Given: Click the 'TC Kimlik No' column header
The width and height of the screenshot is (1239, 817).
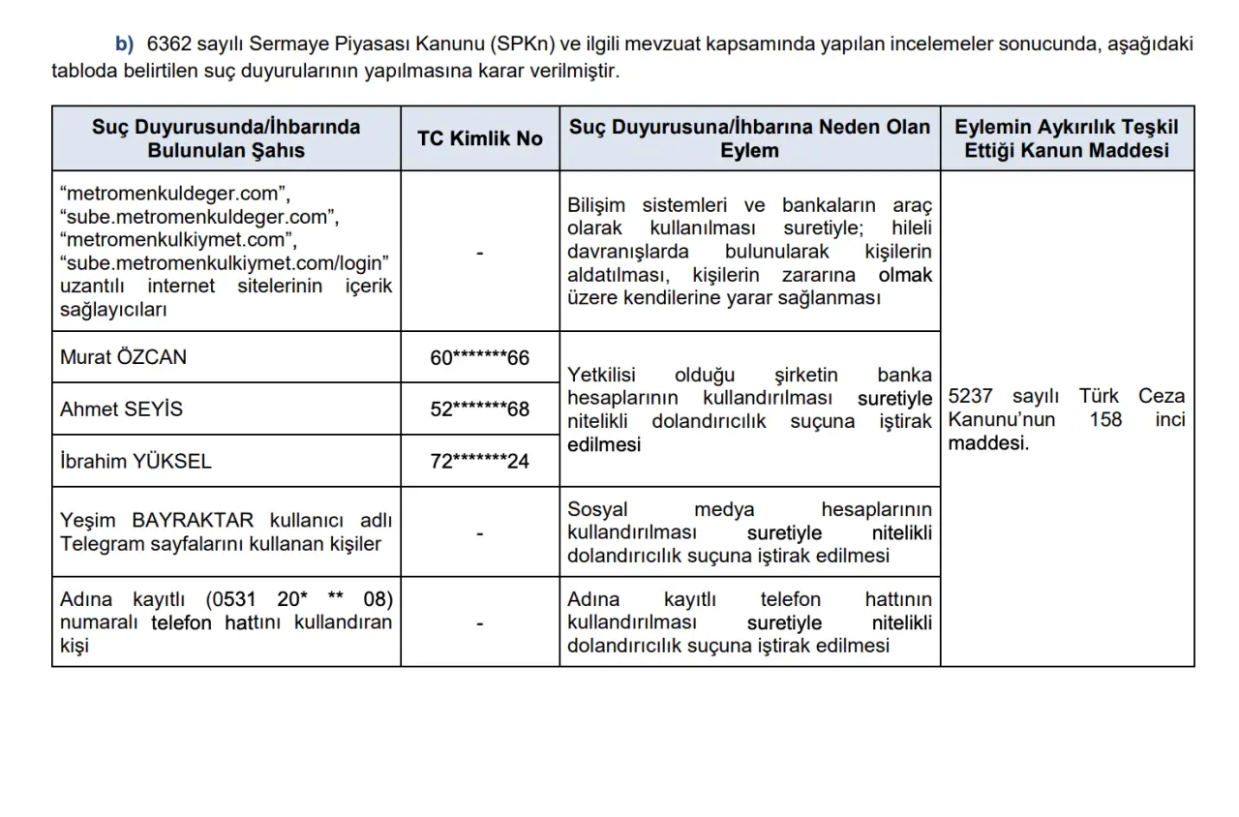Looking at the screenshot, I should tap(480, 138).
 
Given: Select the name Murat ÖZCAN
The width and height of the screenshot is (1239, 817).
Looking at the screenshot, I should tap(123, 357).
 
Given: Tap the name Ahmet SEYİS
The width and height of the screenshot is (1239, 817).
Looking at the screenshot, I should tap(121, 408).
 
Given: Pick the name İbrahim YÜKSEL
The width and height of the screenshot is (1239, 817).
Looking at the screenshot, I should tap(136, 461).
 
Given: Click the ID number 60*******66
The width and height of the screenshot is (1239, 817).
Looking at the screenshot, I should tap(480, 357).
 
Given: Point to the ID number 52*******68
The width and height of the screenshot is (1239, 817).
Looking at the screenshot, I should tap(480, 408).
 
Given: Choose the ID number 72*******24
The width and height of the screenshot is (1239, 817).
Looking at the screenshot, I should tap(480, 461).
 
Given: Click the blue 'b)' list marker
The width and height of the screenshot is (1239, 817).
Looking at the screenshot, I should tap(124, 44).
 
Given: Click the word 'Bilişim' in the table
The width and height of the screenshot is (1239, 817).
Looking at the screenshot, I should tap(596, 205).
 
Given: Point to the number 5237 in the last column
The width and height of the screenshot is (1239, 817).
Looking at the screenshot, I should tap(971, 396).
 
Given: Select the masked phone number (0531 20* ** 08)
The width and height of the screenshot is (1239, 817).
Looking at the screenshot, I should tap(300, 599).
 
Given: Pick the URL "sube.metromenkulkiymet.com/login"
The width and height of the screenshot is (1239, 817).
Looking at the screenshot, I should tap(224, 262).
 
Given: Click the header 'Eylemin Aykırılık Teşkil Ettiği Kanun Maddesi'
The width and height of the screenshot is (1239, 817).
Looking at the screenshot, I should tap(1067, 138).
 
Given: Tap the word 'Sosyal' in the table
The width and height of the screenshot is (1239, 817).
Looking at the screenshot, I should tap(597, 509).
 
